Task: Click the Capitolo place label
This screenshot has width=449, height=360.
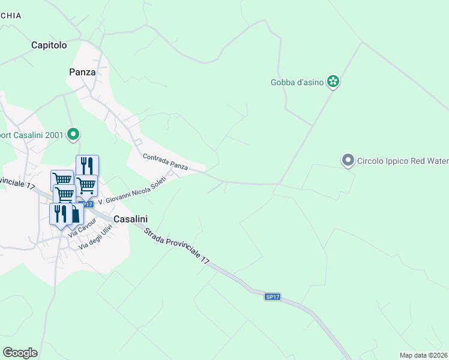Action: coord(49,45)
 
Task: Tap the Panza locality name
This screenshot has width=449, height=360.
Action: coord(82,72)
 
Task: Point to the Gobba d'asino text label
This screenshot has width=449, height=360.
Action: coord(297,82)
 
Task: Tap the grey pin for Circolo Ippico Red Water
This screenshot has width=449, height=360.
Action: coord(348,160)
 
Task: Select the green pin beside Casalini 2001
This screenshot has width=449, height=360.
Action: coord(73,134)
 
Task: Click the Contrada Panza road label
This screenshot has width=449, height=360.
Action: coord(165,161)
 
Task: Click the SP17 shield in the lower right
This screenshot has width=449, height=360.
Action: coord(273,297)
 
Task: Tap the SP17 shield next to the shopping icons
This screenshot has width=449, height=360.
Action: coord(87,205)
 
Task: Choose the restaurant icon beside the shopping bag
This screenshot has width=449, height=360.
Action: coord(61,213)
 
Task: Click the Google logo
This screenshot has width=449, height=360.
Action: coord(20,353)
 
